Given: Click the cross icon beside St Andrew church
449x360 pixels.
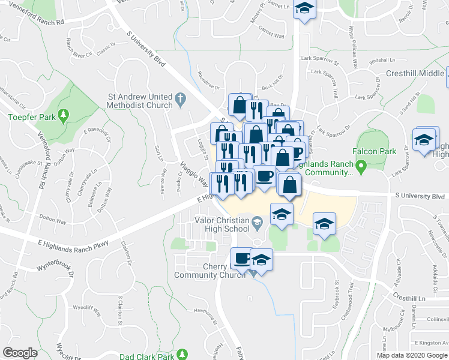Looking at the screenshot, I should pyautogui.click(x=179, y=97).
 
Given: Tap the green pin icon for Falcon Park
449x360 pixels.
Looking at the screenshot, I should pyautogui.click(x=360, y=165).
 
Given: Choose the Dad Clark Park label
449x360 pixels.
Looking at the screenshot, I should pyautogui.click(x=146, y=356).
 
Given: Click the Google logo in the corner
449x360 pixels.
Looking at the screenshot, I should pyautogui.click(x=20, y=352).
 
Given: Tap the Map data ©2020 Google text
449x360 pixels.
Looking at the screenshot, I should pyautogui.click(x=412, y=355).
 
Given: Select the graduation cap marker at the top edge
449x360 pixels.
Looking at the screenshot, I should pyautogui.click(x=305, y=10).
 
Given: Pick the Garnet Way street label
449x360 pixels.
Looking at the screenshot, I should pyautogui.click(x=271, y=36).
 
